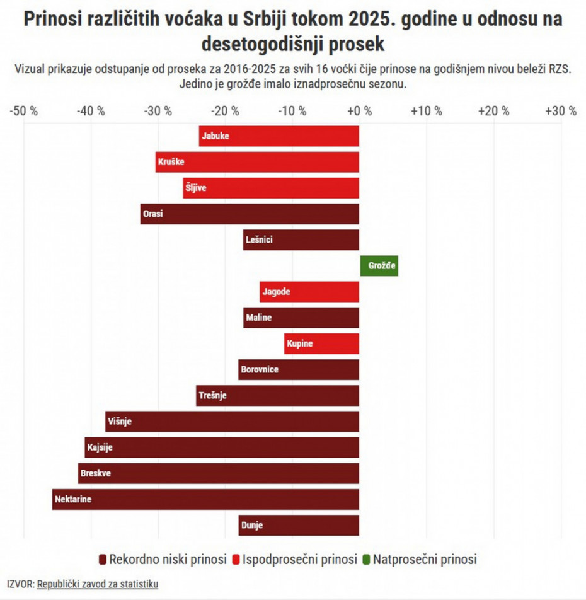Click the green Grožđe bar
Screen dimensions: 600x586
click(x=379, y=266)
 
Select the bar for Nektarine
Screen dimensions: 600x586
click(x=205, y=499)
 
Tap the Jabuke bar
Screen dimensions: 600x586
click(x=279, y=136)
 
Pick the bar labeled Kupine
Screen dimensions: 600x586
click(x=321, y=343)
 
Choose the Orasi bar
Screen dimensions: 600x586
click(x=250, y=214)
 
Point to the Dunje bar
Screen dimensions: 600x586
click(x=299, y=525)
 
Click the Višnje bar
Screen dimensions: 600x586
click(x=232, y=421)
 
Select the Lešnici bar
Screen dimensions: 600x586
click(x=301, y=240)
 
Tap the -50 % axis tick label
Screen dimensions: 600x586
click(x=24, y=111)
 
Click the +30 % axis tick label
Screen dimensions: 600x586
click(x=560, y=111)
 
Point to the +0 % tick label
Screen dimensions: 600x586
click(x=359, y=111)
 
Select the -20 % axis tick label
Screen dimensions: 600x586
click(x=225, y=111)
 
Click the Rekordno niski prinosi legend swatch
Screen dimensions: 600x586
click(x=103, y=560)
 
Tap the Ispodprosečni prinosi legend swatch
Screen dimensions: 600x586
click(x=237, y=560)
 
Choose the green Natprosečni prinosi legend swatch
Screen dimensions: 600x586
click(x=367, y=560)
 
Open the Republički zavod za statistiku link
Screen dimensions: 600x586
click(x=98, y=584)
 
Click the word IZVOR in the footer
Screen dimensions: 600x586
click(x=20, y=584)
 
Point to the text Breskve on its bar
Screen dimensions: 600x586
click(x=96, y=473)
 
